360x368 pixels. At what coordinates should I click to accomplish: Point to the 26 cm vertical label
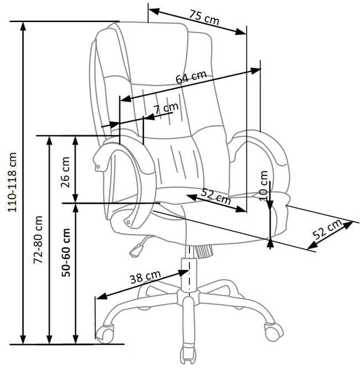pos(65,169)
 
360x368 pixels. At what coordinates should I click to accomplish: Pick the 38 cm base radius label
pos(145,277)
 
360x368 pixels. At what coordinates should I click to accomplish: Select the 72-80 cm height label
pos(39,240)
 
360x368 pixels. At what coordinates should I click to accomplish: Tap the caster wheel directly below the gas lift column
pos(187,355)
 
